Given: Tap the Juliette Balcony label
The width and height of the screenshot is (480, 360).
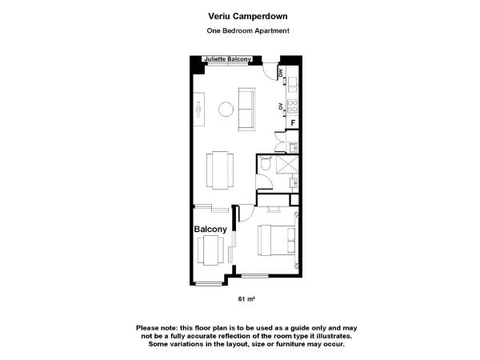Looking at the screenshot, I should point(228,59).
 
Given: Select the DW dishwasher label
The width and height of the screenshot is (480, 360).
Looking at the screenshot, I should point(281,74).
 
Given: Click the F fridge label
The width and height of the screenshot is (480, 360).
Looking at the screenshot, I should point(293,122).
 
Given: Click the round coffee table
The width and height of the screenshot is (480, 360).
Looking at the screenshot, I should point(226,110).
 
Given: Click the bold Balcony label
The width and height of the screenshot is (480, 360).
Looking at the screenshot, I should point(211,230).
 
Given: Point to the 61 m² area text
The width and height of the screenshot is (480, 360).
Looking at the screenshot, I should point(246,299).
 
